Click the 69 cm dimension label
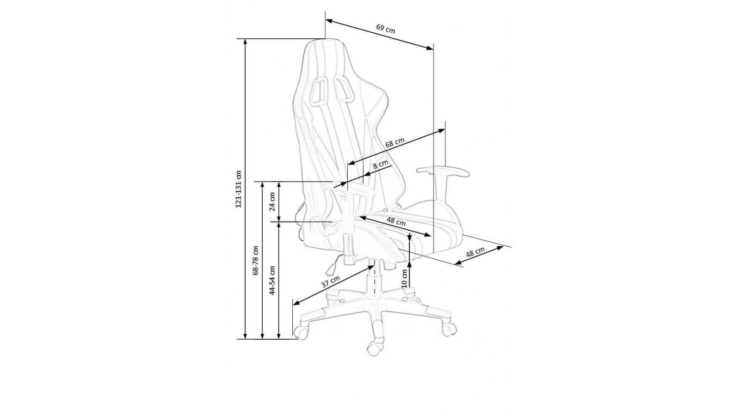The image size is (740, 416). click(x=386, y=29)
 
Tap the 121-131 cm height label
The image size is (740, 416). click(x=239, y=189)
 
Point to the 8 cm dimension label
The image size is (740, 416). click(x=380, y=165)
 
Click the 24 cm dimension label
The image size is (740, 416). click(x=272, y=201)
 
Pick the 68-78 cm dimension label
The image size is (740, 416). click(x=255, y=261)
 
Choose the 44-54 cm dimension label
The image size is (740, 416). click(x=272, y=280)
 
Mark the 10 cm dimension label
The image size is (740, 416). click(x=404, y=279)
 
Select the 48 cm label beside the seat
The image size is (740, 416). click(x=475, y=252)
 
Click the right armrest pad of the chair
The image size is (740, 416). click(x=443, y=171)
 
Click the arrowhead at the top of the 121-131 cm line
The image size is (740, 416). click(x=245, y=42)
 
